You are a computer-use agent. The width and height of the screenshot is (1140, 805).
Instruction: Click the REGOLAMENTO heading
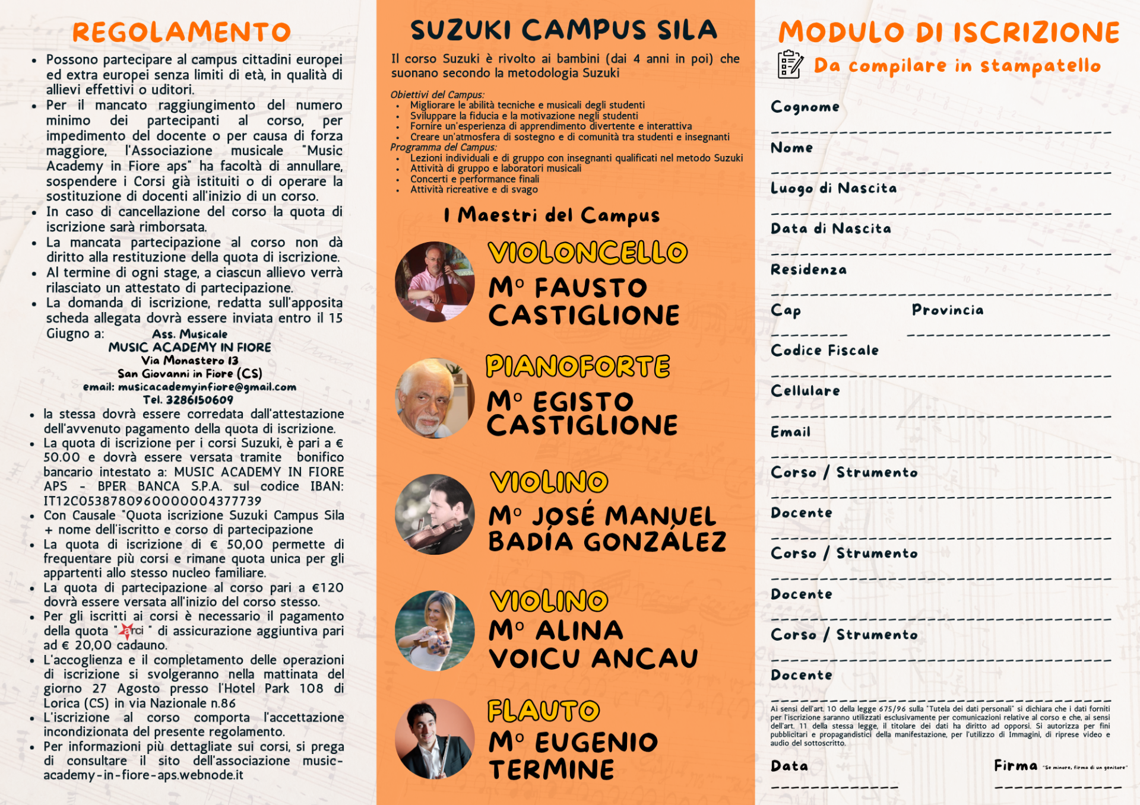[x=182, y=32]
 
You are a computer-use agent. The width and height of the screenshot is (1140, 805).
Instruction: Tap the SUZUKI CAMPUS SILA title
[x=563, y=30]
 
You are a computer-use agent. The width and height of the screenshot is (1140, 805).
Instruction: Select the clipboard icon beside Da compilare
[x=790, y=64]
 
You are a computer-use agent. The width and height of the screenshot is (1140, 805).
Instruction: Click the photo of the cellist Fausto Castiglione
[x=435, y=282]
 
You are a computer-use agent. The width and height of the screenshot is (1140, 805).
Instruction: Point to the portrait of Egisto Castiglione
[x=435, y=398]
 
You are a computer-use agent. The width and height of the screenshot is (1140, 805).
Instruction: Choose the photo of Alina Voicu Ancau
[x=435, y=631]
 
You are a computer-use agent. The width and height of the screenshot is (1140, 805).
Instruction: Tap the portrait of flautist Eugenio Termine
[x=435, y=739]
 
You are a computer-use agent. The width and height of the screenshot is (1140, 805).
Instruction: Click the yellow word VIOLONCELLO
[x=588, y=253]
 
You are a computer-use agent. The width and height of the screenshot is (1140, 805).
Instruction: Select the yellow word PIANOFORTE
[x=578, y=367]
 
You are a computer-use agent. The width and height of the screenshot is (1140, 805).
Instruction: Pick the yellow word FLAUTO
[x=543, y=711]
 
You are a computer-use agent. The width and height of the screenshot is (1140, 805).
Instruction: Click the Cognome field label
[x=805, y=107]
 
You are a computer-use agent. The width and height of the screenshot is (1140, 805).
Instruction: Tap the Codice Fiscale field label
[x=824, y=351]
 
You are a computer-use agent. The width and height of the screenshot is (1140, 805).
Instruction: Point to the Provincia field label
[x=947, y=310]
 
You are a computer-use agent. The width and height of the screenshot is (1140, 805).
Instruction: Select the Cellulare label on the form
[x=805, y=391]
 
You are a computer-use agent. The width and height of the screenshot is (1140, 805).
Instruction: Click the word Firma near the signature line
[x=1015, y=766]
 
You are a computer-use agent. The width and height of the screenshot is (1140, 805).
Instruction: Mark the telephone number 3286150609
[x=199, y=400]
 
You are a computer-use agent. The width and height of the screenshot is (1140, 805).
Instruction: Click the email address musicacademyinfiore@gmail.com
[x=207, y=387]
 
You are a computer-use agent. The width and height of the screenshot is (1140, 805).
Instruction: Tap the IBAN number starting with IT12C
[x=152, y=501]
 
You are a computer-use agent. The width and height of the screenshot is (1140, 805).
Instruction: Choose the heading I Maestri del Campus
[x=552, y=215]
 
